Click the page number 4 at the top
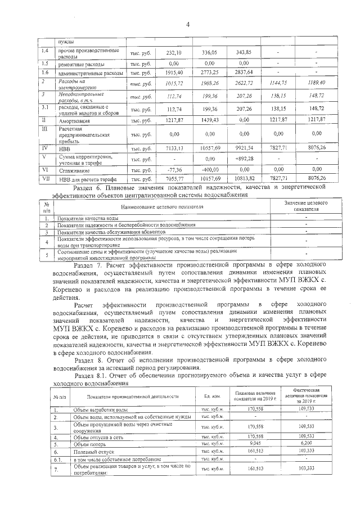click(188, 23)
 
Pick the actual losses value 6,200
click(306, 443)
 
